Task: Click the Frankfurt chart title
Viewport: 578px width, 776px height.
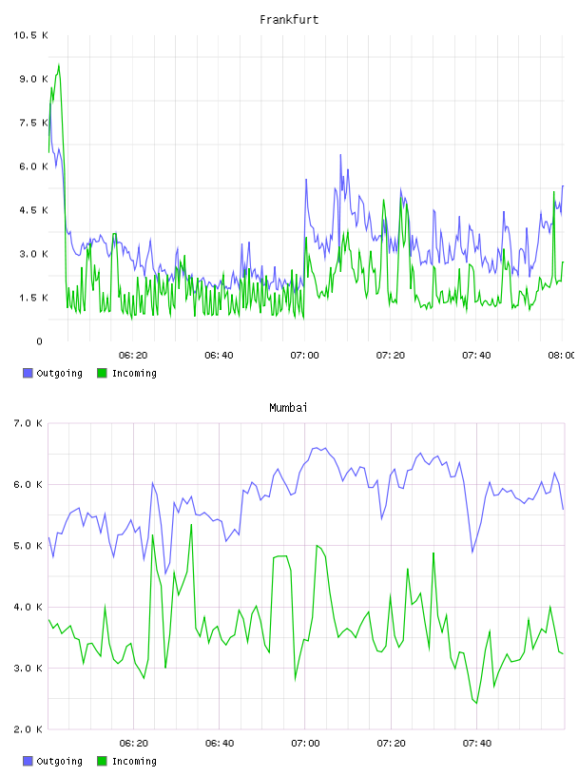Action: point(289,20)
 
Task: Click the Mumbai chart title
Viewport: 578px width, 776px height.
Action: point(288,408)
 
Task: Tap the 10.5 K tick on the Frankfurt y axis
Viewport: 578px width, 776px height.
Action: point(30,35)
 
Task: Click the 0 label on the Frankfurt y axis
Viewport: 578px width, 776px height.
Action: point(40,341)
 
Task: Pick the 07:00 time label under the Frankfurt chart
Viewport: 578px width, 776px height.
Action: point(305,356)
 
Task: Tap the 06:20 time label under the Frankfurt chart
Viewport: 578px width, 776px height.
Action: point(133,356)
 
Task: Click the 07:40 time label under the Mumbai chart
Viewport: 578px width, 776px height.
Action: point(477,744)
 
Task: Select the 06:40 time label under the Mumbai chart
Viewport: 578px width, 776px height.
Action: point(220,744)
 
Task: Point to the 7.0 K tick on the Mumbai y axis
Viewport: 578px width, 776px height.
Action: point(28,423)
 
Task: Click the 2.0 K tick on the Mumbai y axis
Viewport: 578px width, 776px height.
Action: point(28,729)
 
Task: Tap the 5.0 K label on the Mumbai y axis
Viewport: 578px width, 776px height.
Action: point(28,546)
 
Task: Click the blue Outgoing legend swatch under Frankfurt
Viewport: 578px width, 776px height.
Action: point(28,373)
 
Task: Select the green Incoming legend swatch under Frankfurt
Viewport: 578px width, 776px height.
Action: point(102,373)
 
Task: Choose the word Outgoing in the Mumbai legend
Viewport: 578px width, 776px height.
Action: point(59,762)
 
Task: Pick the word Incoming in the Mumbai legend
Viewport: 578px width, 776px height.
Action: point(134,762)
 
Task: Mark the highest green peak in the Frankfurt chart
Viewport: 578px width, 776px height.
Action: point(59,65)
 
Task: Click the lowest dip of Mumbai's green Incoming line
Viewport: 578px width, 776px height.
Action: point(476,703)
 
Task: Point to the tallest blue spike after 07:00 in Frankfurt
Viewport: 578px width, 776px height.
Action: point(340,155)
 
